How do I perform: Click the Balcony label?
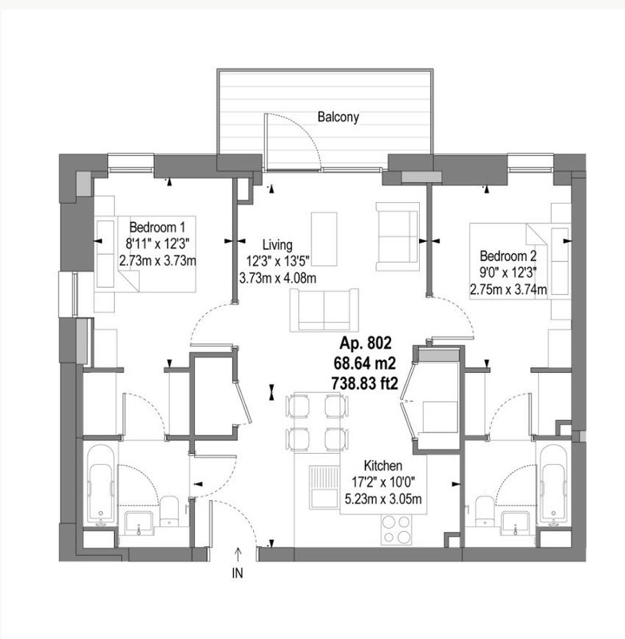click(338, 117)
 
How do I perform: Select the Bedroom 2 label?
click(508, 256)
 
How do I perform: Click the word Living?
click(277, 244)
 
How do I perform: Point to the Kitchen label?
click(382, 466)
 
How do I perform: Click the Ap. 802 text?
click(366, 343)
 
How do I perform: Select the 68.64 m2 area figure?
click(365, 363)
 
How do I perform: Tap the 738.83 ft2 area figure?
click(365, 383)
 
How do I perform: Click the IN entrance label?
click(237, 573)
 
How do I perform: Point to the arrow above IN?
click(237, 555)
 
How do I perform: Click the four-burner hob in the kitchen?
click(397, 530)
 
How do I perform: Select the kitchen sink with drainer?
click(325, 487)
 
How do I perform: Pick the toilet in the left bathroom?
click(168, 511)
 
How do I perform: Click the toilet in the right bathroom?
click(485, 510)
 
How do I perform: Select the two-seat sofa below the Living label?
click(324, 310)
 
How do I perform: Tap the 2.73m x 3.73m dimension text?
click(157, 260)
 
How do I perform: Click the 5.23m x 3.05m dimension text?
click(383, 498)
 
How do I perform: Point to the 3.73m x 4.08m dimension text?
click(278, 278)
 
